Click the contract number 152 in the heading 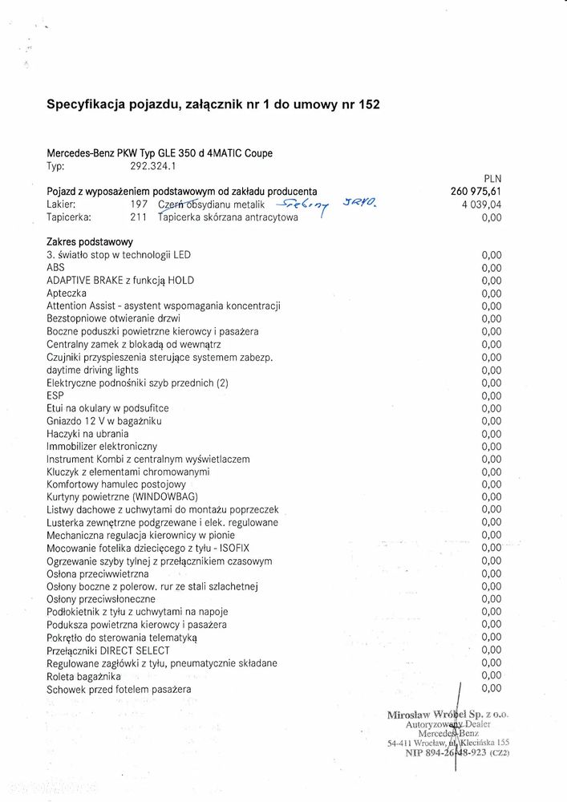(369, 104)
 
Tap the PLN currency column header (492, 180)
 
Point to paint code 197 (137, 204)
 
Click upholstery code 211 (137, 217)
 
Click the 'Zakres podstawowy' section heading (90, 241)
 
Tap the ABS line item (56, 267)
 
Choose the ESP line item (55, 395)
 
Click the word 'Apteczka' (69, 294)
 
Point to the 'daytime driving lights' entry (92, 370)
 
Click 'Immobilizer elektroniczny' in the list (102, 446)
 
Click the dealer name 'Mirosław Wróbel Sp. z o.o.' (448, 714)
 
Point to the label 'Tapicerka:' (69, 217)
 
